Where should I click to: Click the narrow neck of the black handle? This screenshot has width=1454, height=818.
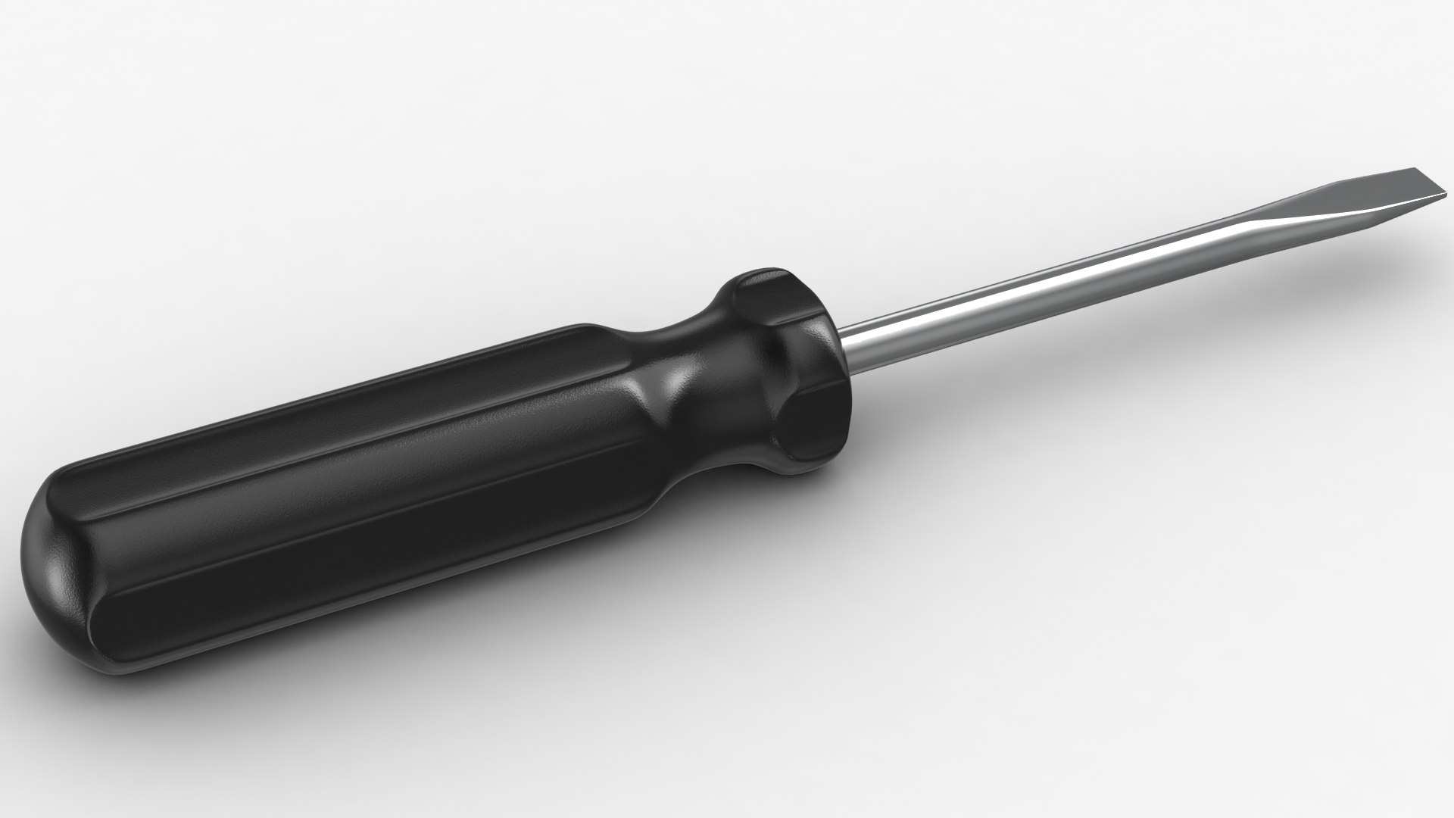tap(682, 379)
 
